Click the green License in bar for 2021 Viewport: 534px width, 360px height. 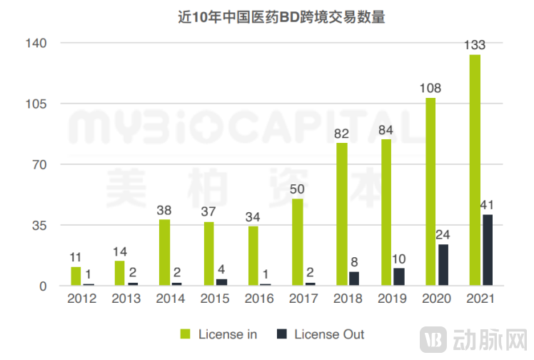tap(475, 170)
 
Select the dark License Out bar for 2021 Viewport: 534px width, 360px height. tap(488, 250)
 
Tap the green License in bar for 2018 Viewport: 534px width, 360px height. tap(342, 214)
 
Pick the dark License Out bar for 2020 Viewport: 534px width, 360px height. tap(443, 265)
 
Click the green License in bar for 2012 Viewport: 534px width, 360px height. tap(76, 276)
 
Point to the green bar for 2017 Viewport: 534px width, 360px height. tap(298, 242)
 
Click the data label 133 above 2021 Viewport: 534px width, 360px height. tap(475, 46)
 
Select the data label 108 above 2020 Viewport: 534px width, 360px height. tap(430, 89)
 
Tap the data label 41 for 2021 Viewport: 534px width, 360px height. tap(488, 206)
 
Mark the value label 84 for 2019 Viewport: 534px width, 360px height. tap(386, 130)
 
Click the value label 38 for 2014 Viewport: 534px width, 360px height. tap(164, 211)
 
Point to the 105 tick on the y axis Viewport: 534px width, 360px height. tap(36, 104)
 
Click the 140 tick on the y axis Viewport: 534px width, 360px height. tap(36, 44)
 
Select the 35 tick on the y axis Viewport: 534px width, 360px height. tap(39, 226)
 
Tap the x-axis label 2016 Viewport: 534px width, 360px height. tap(259, 299)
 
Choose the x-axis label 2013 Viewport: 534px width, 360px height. tap(126, 299)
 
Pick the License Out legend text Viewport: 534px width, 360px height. tap(329, 334)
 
